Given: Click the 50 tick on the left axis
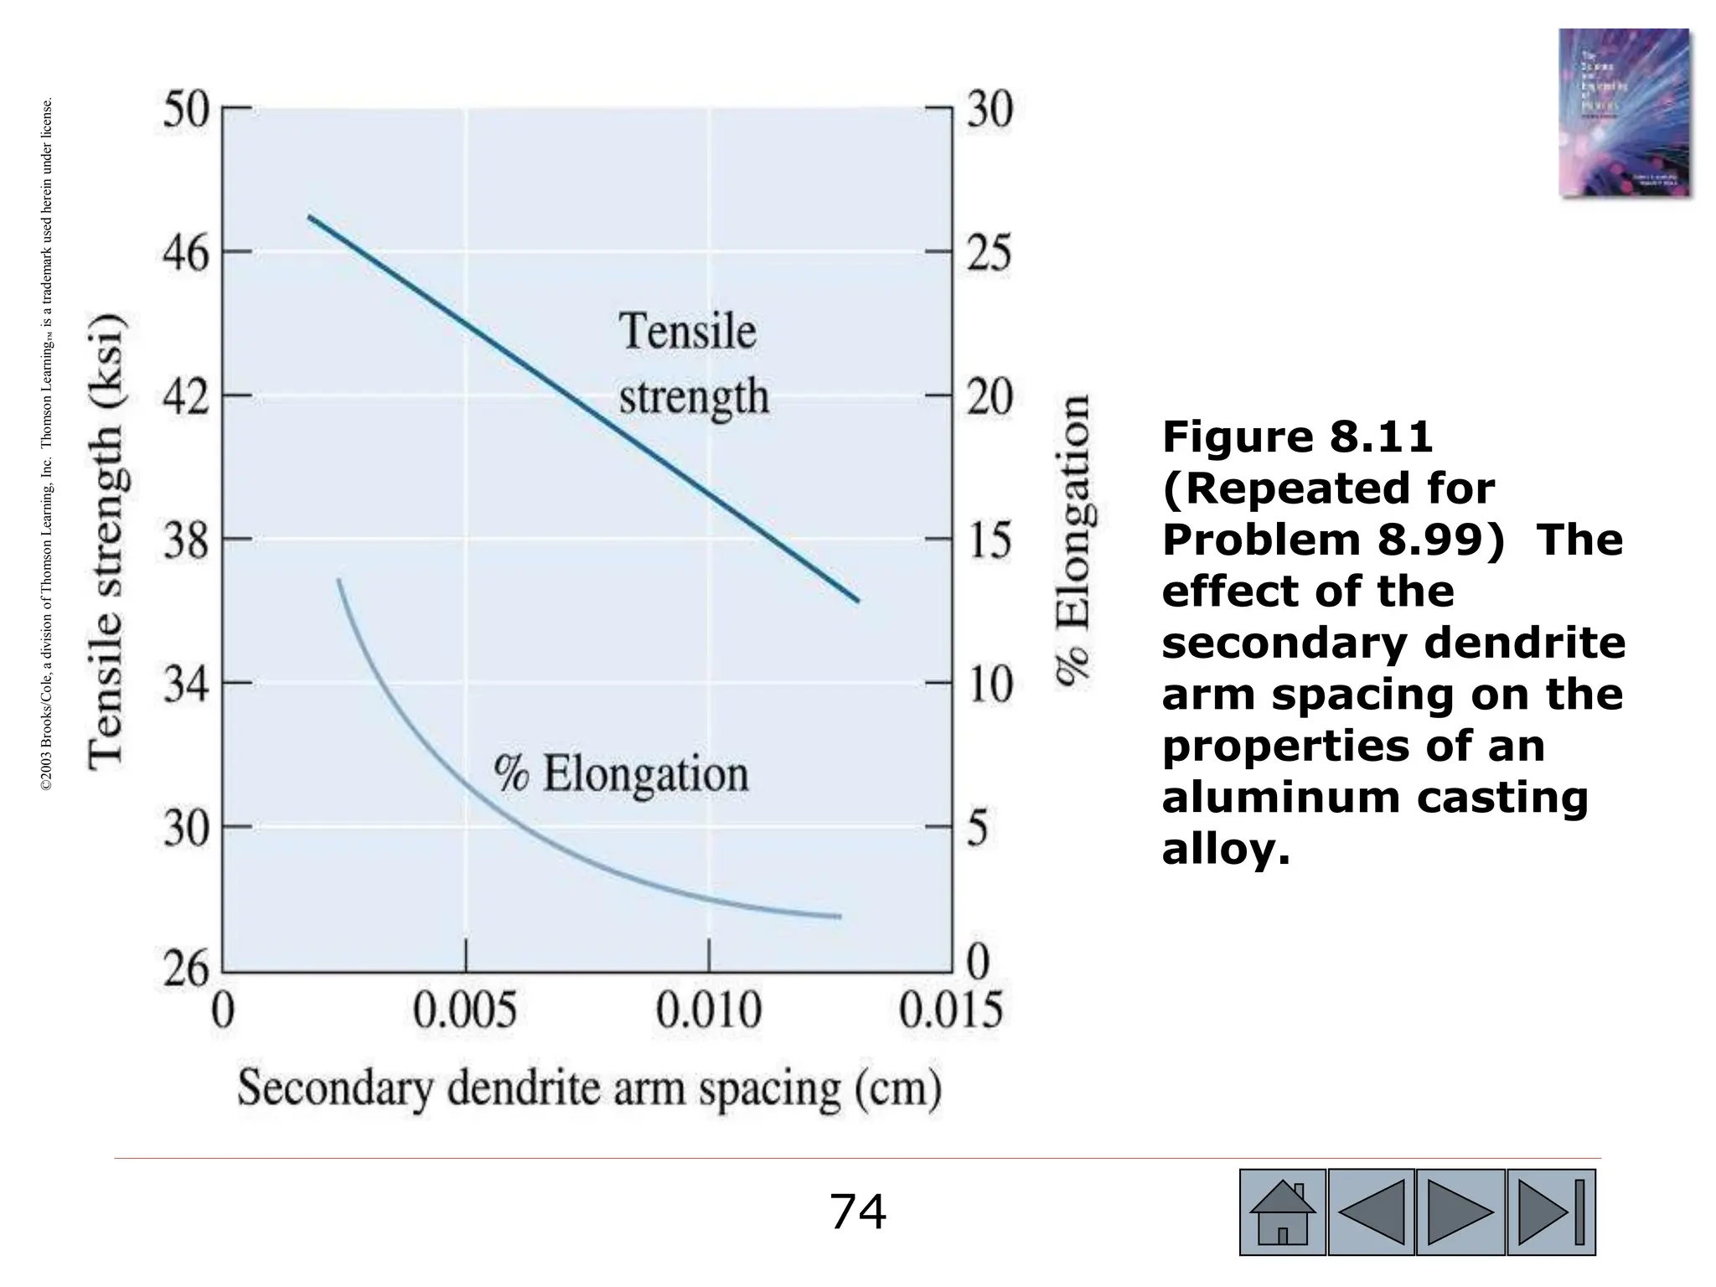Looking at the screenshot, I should click(x=185, y=111).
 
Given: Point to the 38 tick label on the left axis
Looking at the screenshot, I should click(x=185, y=540).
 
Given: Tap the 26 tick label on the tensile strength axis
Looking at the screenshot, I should click(x=185, y=972).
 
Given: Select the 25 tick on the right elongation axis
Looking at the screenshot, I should click(x=990, y=253).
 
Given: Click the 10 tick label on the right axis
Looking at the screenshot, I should click(x=990, y=685).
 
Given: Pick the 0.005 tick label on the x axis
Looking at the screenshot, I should click(x=465, y=1012).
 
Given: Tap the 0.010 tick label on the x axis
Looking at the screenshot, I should click(x=709, y=1012).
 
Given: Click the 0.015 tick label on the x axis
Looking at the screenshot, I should click(x=951, y=1012).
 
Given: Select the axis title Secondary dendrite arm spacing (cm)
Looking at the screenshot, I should click(x=589, y=1090).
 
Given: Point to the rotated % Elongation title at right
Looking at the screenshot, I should click(x=1072, y=541).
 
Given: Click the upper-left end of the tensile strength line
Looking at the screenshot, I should click(x=310, y=217).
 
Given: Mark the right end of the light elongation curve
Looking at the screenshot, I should click(x=839, y=917).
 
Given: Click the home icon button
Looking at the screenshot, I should click(x=1282, y=1212).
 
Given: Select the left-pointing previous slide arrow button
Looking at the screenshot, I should click(x=1372, y=1212).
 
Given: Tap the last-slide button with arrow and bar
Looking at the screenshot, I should click(x=1551, y=1212).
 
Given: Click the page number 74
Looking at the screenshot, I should click(x=857, y=1212).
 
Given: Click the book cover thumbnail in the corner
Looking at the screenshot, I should click(x=1624, y=112).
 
